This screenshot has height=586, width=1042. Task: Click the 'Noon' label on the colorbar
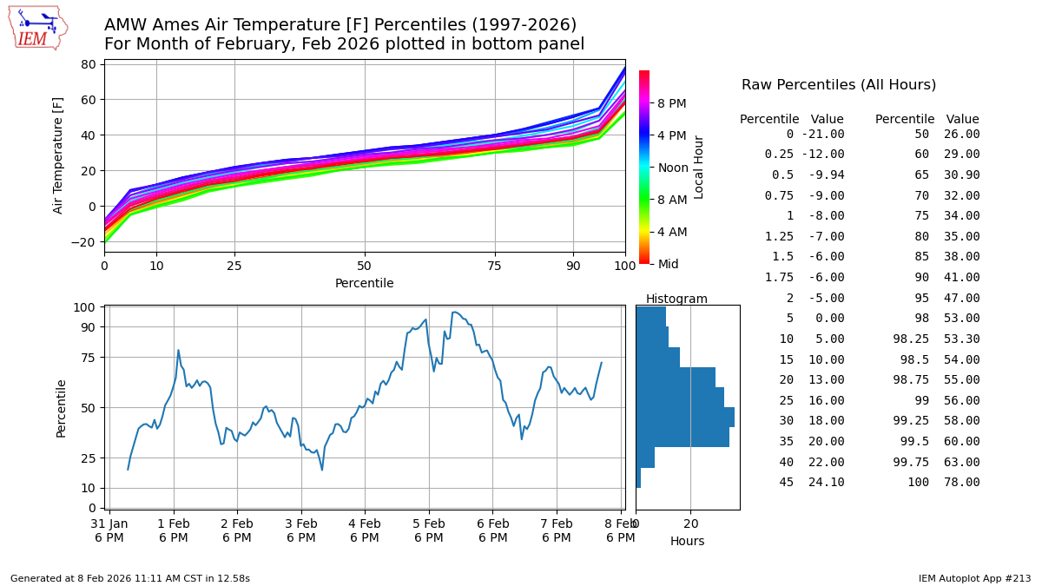pyautogui.click(x=672, y=167)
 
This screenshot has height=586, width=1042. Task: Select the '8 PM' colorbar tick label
pyautogui.click(x=672, y=103)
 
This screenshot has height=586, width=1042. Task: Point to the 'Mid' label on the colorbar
pyautogui.click(x=669, y=263)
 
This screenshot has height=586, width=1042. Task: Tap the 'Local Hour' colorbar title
pyautogui.click(x=699, y=167)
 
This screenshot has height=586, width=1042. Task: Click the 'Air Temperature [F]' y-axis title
pyautogui.click(x=59, y=155)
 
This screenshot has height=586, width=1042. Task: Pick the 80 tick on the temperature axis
pyautogui.click(x=87, y=64)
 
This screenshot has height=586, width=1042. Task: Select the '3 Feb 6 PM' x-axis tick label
pyautogui.click(x=301, y=530)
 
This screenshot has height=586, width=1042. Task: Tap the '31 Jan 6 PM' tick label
pyautogui.click(x=109, y=530)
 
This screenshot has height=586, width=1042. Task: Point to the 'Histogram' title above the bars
pyautogui.click(x=676, y=299)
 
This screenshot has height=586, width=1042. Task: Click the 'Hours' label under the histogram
pyautogui.click(x=687, y=541)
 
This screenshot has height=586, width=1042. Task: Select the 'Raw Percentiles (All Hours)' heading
pyautogui.click(x=839, y=85)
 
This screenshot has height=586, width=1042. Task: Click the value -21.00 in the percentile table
pyautogui.click(x=822, y=135)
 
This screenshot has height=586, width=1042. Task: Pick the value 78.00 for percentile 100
pyautogui.click(x=962, y=483)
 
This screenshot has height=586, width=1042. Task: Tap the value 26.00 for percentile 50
pyautogui.click(x=962, y=135)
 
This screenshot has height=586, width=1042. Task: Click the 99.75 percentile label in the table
pyautogui.click(x=911, y=462)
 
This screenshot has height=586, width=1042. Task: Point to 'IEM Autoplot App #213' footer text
pyautogui.click(x=974, y=578)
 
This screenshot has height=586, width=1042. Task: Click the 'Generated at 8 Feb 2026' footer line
pyautogui.click(x=130, y=578)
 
